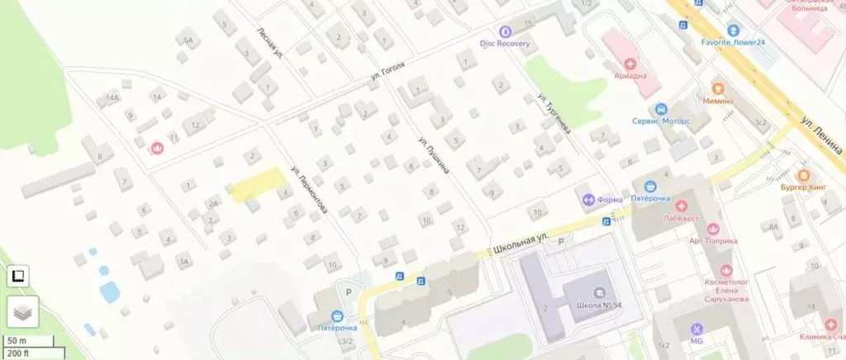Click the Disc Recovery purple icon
tap(506, 31)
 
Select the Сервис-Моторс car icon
tap(660, 109)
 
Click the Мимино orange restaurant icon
tap(717, 88)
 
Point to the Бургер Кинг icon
tap(803, 175)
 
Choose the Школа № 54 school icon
tap(599, 292)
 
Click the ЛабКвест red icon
tap(681, 206)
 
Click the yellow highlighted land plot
tap(255, 184)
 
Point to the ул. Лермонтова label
tap(308, 191)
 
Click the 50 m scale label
tap(18, 341)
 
